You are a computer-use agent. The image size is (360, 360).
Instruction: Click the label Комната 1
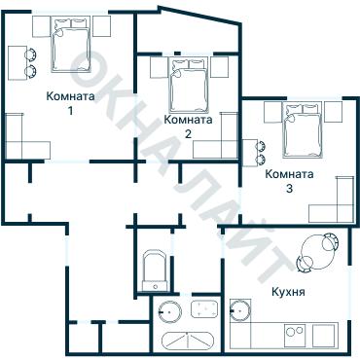tap(70, 104)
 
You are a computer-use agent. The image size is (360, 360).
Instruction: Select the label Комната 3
tap(289, 181)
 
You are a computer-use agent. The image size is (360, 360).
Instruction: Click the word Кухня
tap(291, 291)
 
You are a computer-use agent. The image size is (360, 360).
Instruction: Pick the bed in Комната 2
tap(188, 86)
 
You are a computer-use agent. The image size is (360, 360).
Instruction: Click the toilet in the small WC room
tap(153, 270)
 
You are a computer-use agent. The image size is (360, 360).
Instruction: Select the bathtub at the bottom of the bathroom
tap(187, 342)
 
